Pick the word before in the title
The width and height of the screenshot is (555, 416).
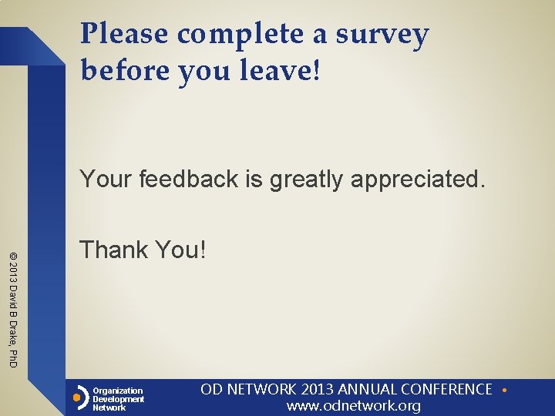click(x=125, y=71)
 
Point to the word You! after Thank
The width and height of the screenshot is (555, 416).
click(x=180, y=250)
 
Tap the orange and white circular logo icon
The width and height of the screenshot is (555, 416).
click(x=78, y=399)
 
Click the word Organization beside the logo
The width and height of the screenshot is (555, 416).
click(x=118, y=391)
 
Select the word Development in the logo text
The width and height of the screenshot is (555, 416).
click(x=119, y=399)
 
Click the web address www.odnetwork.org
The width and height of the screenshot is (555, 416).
click(x=354, y=406)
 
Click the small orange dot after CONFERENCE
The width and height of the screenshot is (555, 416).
click(x=503, y=390)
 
